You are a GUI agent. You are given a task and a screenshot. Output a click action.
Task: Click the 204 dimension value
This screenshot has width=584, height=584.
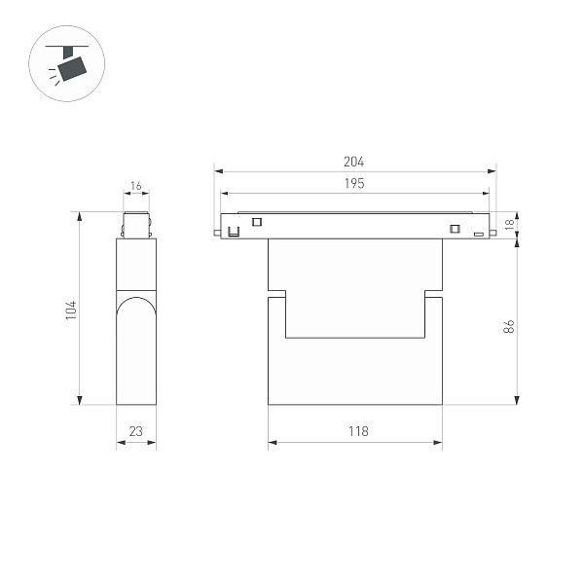353,162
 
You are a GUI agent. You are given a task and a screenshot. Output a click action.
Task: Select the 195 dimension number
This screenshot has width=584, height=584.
353,184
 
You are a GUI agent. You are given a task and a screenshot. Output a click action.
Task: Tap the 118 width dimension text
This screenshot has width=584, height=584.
356,432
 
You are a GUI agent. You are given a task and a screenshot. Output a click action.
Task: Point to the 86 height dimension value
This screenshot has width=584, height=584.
508,327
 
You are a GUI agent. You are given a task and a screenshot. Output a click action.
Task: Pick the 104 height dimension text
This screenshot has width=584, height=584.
70,310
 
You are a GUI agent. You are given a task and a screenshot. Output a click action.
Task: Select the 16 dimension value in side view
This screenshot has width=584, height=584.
135,186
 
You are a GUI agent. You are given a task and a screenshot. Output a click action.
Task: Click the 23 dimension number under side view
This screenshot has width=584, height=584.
135,432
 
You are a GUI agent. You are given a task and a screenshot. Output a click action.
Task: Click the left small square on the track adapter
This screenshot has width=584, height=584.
257,222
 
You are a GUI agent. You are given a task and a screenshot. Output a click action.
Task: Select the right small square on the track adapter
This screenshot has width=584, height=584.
453,229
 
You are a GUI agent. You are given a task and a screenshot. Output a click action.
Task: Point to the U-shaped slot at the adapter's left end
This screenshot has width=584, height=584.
234,233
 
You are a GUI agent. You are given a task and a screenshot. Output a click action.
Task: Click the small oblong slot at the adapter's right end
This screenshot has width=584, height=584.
478,234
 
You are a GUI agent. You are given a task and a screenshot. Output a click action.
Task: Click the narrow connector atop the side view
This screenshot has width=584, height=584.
135,225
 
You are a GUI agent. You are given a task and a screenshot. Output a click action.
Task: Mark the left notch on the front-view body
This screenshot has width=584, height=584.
276,294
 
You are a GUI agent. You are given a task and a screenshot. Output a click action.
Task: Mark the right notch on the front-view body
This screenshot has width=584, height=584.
433,294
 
